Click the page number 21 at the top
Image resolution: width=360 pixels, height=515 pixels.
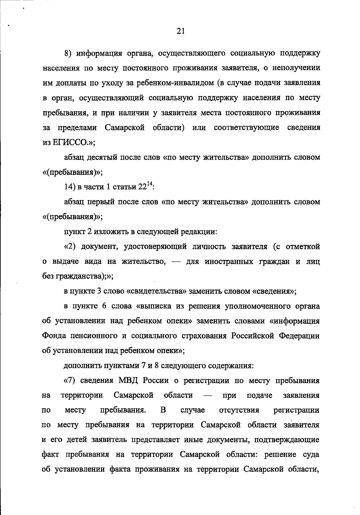(181, 31)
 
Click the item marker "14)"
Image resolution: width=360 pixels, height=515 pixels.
(70, 187)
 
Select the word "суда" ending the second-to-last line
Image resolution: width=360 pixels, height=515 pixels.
(311, 454)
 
